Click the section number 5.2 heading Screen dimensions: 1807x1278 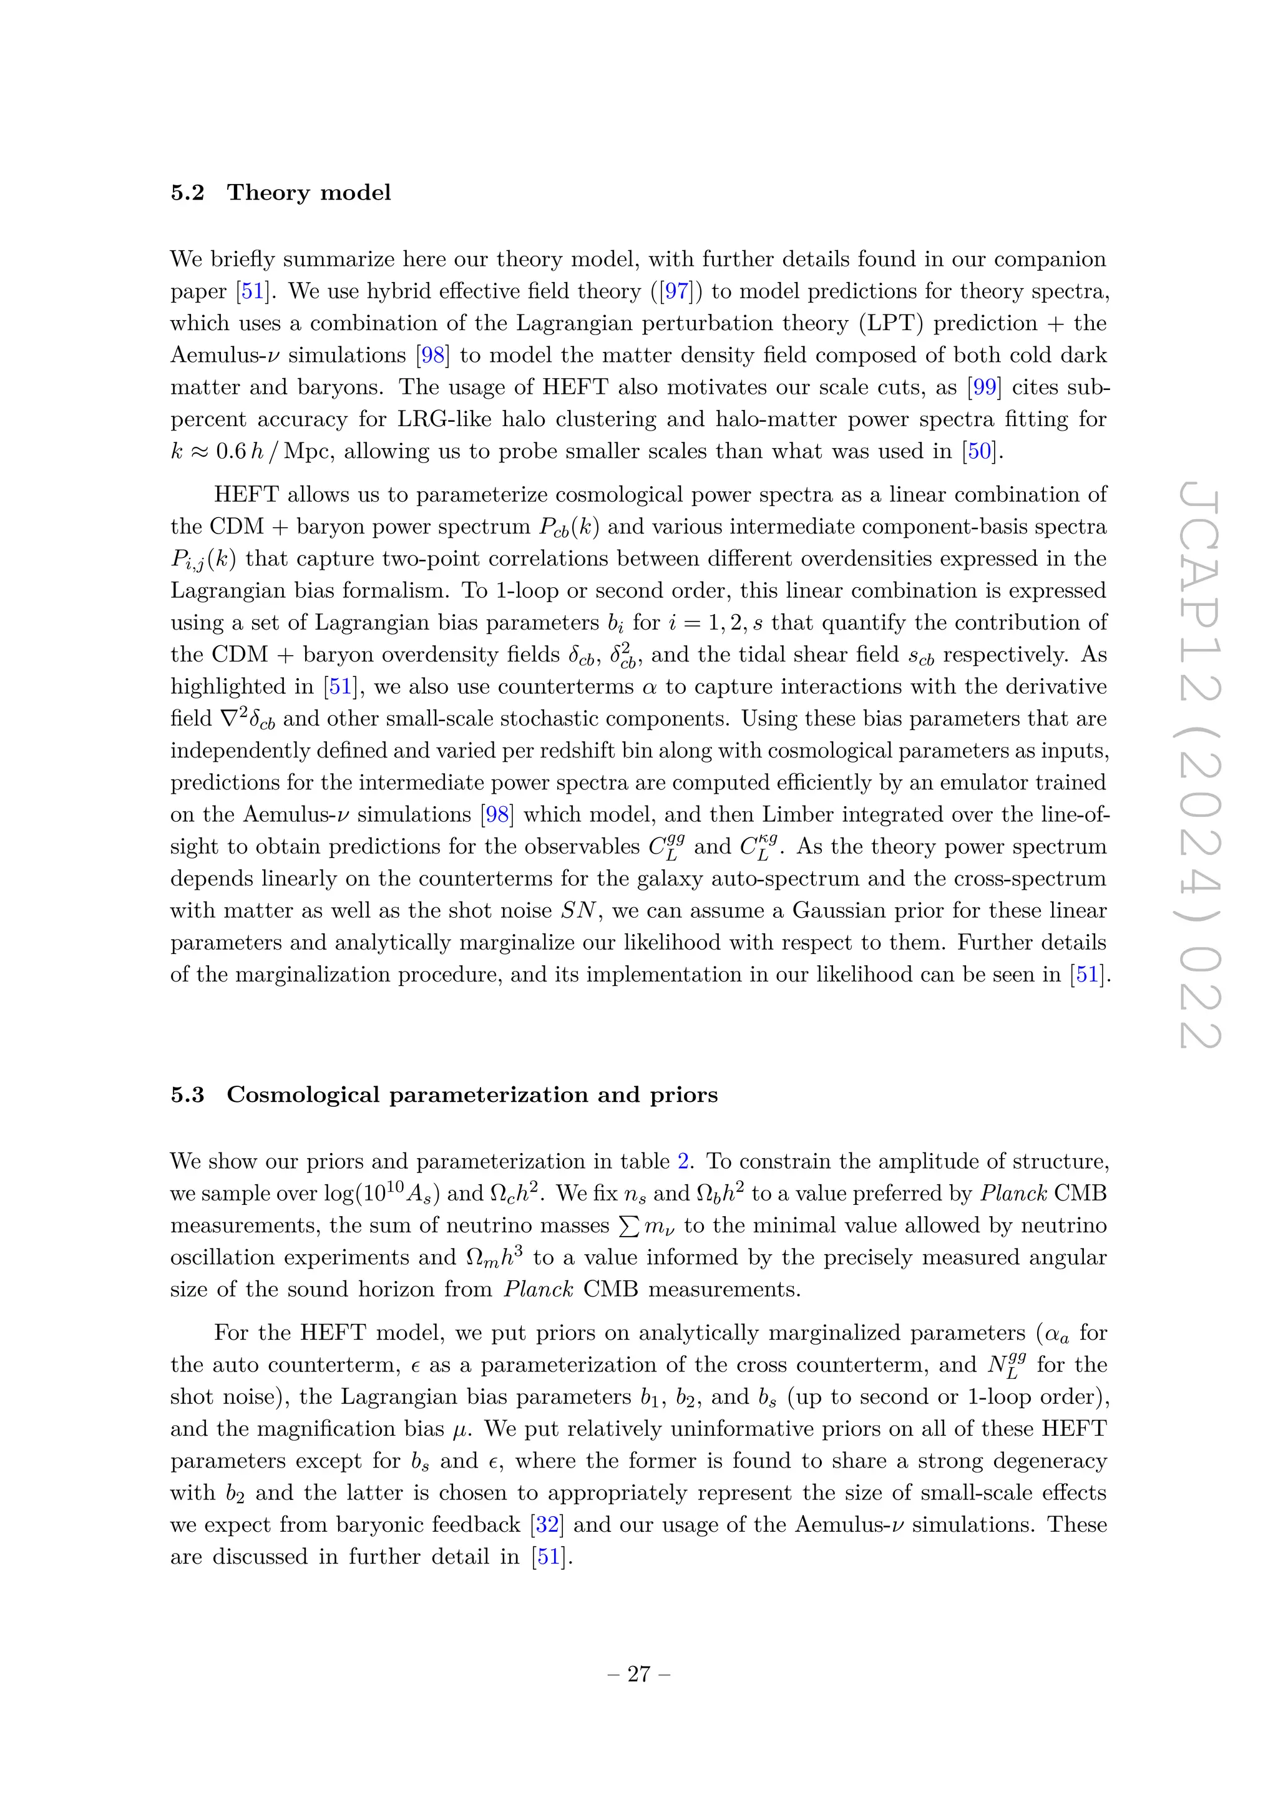[x=187, y=193]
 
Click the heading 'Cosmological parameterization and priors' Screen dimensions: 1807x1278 [x=472, y=1095]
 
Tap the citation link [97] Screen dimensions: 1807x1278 [x=677, y=291]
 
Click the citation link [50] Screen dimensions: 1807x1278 [x=980, y=452]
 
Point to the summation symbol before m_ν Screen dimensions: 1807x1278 [x=629, y=1226]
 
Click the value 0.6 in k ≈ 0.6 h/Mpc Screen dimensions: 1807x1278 [x=230, y=452]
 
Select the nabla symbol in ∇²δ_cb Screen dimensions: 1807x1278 [x=229, y=719]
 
